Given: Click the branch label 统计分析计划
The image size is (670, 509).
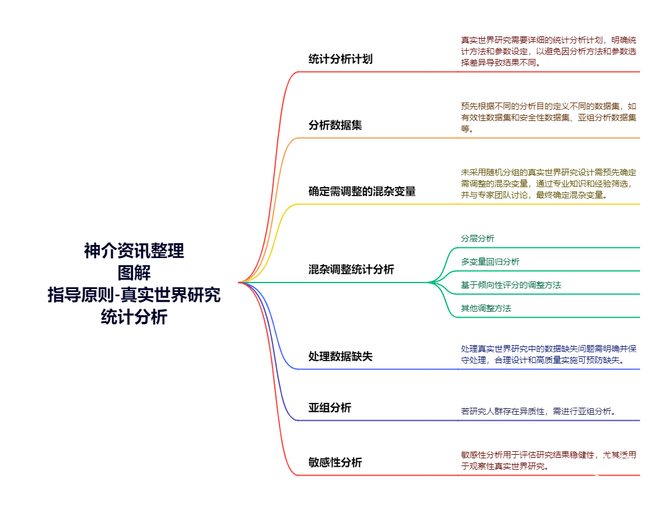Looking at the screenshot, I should point(340,59).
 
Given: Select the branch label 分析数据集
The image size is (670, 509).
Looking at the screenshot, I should point(335,125).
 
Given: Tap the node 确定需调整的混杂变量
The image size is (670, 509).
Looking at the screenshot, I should point(362,191).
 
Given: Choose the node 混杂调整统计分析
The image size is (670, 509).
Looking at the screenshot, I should point(351,269).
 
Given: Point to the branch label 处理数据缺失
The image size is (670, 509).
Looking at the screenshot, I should point(340,356).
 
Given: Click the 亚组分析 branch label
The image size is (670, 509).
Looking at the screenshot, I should point(330,408).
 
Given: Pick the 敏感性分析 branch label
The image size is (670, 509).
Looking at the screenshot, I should point(335,463).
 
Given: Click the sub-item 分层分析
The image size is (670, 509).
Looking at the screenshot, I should point(477,238).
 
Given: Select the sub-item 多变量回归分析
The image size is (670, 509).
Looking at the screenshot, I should point(490,262).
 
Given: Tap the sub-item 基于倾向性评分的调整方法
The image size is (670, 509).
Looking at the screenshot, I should point(511,285).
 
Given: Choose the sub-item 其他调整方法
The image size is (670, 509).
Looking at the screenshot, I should point(486,308).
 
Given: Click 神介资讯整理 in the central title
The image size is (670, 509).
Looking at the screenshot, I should point(134,251).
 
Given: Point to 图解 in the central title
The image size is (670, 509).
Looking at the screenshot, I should point(134,273).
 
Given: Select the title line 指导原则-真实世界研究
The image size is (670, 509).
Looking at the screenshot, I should point(134,295).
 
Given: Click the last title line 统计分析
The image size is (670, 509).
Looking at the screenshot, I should point(134,317).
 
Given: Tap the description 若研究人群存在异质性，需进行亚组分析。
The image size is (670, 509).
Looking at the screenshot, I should point(538,411).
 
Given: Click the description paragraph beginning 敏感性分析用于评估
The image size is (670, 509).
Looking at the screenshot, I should point(548,460).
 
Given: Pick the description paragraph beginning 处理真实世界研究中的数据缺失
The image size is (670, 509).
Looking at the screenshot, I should point(548,354).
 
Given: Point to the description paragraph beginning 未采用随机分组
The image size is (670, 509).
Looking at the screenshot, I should point(548,183).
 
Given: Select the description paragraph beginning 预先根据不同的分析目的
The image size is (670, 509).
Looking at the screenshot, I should point(548,117).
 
